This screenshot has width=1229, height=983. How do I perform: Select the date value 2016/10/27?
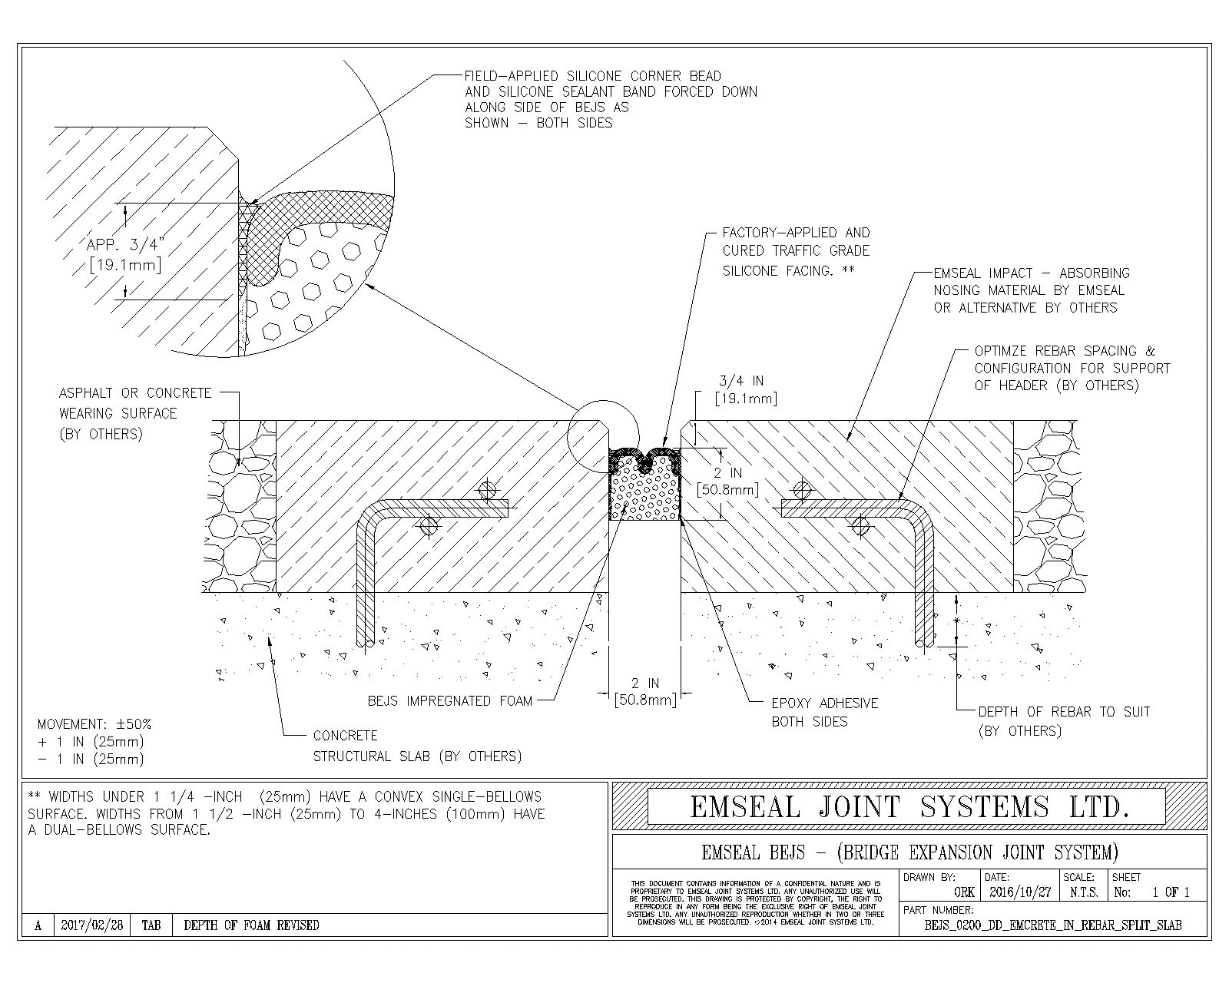tap(1020, 892)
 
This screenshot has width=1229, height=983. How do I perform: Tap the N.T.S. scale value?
tap(1084, 892)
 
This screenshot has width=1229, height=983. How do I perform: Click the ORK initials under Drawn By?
tap(964, 892)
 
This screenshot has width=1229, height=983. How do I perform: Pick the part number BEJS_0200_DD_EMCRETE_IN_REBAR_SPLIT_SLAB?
tap(1053, 925)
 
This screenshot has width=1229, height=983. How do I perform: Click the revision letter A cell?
tap(38, 925)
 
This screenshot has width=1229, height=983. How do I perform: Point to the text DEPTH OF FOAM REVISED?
tap(251, 925)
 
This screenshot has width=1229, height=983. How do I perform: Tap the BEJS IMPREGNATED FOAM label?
tap(450, 700)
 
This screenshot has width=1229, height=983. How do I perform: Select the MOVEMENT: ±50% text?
tap(94, 724)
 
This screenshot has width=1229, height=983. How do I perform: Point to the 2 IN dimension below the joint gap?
tap(645, 690)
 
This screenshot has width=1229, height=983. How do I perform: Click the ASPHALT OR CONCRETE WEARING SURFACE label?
tap(134, 413)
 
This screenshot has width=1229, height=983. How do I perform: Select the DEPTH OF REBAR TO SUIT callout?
tap(1064, 720)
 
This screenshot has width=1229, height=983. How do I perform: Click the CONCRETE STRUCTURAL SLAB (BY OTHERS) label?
tap(417, 746)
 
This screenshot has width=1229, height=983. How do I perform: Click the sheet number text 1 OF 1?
tap(1171, 892)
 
